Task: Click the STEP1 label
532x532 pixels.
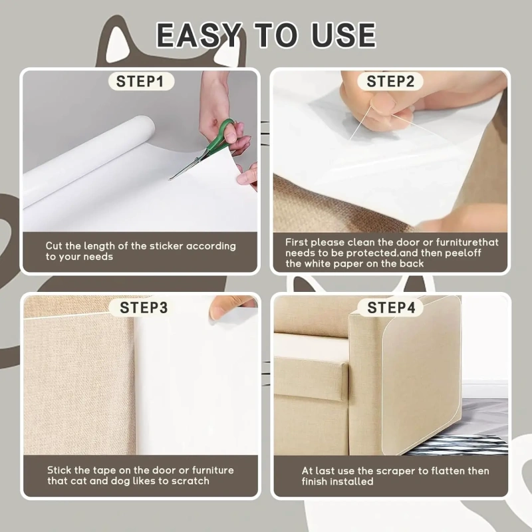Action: pos(140,82)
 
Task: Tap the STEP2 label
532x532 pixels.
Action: pos(390,82)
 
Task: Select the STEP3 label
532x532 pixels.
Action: pos(144,308)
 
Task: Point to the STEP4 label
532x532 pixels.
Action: pos(391,308)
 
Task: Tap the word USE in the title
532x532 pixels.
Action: pos(343,35)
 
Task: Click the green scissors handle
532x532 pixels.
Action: pos(225,132)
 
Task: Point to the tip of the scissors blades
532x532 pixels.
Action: pos(170,179)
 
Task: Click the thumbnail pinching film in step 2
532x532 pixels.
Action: pos(384,102)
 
